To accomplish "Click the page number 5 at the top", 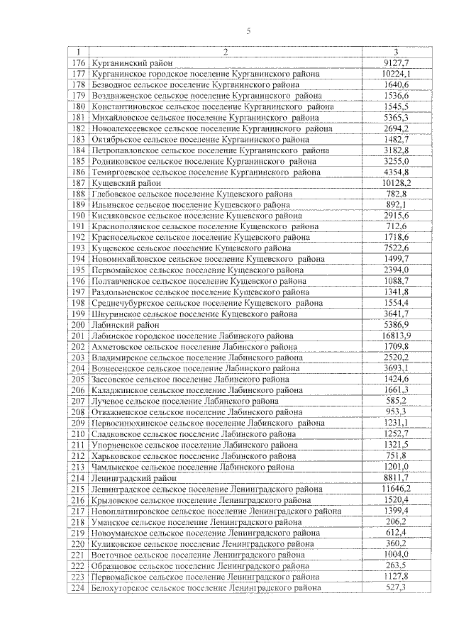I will click(248, 31).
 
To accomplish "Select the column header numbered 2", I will click(225, 52).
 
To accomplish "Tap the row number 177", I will click(78, 74).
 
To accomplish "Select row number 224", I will click(78, 588).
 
